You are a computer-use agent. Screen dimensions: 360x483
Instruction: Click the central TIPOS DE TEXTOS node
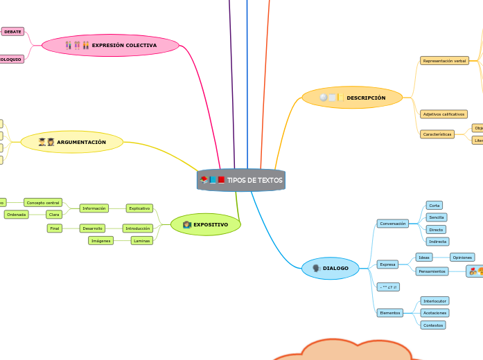coord(241,180)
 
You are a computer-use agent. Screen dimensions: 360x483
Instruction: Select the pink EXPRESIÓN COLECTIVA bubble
coord(111,46)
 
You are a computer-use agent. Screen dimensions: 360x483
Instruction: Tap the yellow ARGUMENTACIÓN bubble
coord(72,142)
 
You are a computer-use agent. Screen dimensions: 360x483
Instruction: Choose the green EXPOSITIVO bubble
coord(205,224)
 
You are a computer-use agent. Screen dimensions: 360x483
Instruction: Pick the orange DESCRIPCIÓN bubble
coord(352,98)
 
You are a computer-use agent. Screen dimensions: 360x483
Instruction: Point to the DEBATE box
coord(12,31)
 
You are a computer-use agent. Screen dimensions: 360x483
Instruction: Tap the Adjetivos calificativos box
coord(444,114)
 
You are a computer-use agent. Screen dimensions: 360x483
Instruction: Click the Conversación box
coord(392,224)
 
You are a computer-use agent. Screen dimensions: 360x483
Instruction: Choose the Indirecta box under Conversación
coord(436,242)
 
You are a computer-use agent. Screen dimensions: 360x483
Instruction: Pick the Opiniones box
coord(462,257)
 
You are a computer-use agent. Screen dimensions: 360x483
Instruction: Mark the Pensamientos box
coord(432,271)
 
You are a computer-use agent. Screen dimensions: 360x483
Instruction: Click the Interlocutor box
coord(435,300)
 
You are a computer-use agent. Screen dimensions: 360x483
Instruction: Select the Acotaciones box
coord(434,313)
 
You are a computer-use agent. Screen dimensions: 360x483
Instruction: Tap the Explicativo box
coord(139,208)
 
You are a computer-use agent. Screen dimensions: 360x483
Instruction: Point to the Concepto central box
coord(43,202)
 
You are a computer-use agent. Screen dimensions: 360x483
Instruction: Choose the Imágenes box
coord(100,241)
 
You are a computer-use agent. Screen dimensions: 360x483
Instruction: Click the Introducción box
coord(137,228)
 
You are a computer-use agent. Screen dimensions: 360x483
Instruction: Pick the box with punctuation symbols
coord(387,287)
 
